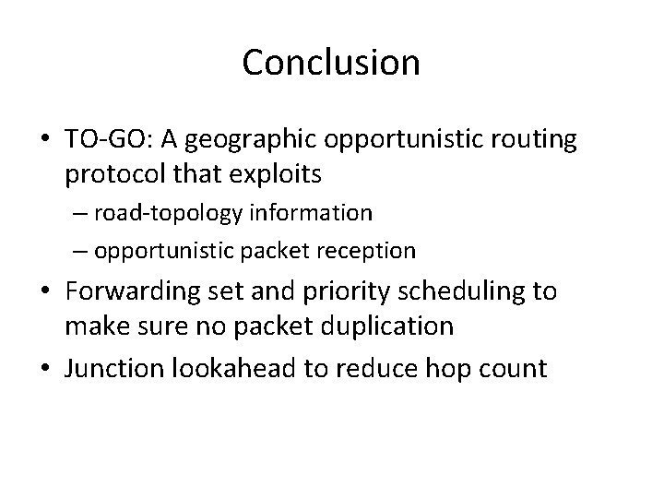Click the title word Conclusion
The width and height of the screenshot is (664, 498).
(331, 63)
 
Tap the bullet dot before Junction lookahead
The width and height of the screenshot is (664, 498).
(44, 369)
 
